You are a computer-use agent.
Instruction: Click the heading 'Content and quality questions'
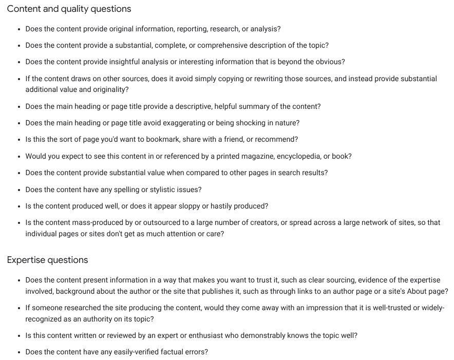coord(69,9)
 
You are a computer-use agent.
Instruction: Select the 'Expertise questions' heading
coord(47,260)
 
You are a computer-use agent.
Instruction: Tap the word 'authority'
coord(84,319)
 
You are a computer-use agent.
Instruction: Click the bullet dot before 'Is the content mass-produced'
coord(19,223)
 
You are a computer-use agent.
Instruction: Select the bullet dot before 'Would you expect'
coord(19,156)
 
